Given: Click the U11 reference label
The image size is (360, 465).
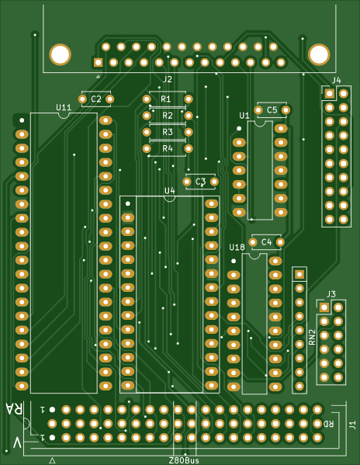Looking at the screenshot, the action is coord(64,107).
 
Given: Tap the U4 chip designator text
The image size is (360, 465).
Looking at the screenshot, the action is coord(170,191).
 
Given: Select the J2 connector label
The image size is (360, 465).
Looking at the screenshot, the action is coord(168,79).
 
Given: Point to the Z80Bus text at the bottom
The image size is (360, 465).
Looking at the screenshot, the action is coord(184,460).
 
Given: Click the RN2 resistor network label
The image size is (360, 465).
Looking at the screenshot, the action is coord(313,337).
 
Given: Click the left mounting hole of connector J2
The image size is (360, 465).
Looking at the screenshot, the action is coord(61,54).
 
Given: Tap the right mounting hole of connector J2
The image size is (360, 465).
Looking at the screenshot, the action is coord(319,54).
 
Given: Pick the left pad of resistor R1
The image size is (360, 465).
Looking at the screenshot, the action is coord(147,99).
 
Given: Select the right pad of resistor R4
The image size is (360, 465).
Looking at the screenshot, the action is coord(189,148).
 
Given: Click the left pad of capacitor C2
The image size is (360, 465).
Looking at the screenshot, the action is coord(83,99).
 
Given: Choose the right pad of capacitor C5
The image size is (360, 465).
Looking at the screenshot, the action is coord(286,110).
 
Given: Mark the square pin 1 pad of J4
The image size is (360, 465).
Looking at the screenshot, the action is coord(330,94).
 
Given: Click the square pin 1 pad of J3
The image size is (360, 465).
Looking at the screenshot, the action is coord(324,307).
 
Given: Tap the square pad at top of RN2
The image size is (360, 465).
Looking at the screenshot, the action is coord(299,274).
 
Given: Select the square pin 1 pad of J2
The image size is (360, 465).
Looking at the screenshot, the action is coord(98,63).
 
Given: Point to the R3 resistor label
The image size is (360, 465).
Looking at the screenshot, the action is coord(168,132).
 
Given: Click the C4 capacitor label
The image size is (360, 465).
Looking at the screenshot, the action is coord(267,242).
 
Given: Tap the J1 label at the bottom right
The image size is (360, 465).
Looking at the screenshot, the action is coord(352,425).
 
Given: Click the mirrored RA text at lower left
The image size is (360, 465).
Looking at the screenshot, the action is coord(14,409).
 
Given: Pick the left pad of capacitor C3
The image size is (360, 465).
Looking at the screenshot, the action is coord(187,182).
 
